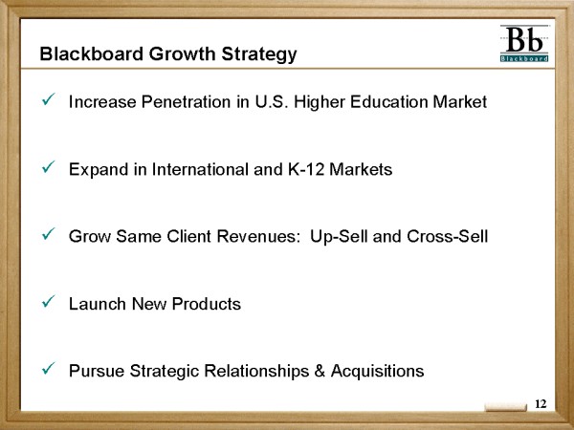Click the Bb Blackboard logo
[524, 44]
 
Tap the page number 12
[541, 403]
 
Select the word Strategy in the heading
[258, 54]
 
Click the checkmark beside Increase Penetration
[48, 99]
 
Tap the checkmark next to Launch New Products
[48, 301]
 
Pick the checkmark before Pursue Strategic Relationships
[48, 368]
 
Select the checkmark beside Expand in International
[48, 166]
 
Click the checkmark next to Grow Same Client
[48, 234]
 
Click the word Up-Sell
[339, 237]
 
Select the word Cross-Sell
[448, 236]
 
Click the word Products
[206, 304]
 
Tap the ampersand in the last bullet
[320, 371]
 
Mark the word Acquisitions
[378, 372]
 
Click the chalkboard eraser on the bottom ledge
[506, 407]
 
